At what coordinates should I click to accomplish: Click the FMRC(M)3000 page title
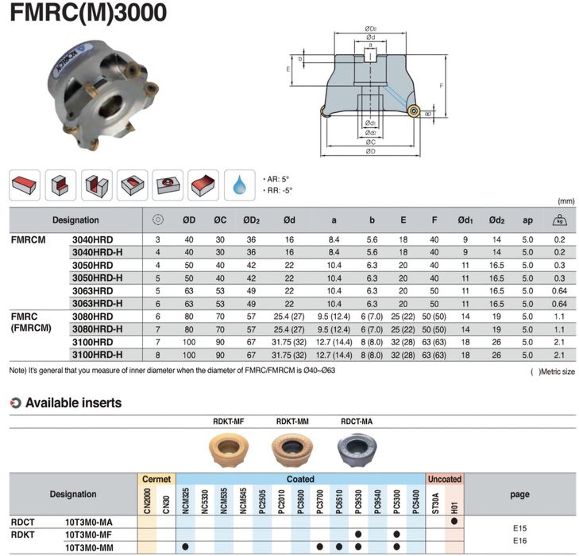click(x=88, y=12)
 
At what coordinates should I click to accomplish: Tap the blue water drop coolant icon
click(x=240, y=185)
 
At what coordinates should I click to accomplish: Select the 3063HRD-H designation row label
click(x=97, y=304)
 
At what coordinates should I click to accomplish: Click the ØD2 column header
click(x=251, y=220)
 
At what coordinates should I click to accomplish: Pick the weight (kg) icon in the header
click(x=559, y=220)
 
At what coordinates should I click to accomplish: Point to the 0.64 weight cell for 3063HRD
click(x=559, y=291)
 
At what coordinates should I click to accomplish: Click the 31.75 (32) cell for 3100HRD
click(x=289, y=342)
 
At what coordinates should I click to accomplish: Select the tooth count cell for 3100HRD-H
click(x=158, y=355)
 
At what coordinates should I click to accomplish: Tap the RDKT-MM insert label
click(x=292, y=422)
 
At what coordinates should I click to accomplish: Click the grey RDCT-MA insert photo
click(x=357, y=449)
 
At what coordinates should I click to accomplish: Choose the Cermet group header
click(x=156, y=479)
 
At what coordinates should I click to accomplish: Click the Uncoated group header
click(x=445, y=479)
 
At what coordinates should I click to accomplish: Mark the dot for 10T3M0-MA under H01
click(x=454, y=521)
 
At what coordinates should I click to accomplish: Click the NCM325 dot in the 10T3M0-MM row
click(x=185, y=546)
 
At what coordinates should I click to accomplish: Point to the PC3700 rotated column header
click(x=320, y=502)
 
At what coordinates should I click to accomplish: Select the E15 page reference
click(x=519, y=528)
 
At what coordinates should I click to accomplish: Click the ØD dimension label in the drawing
click(x=370, y=151)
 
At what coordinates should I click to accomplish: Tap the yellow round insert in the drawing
click(x=414, y=111)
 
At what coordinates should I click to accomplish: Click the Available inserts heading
click(x=74, y=402)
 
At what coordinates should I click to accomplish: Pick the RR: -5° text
click(x=280, y=191)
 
